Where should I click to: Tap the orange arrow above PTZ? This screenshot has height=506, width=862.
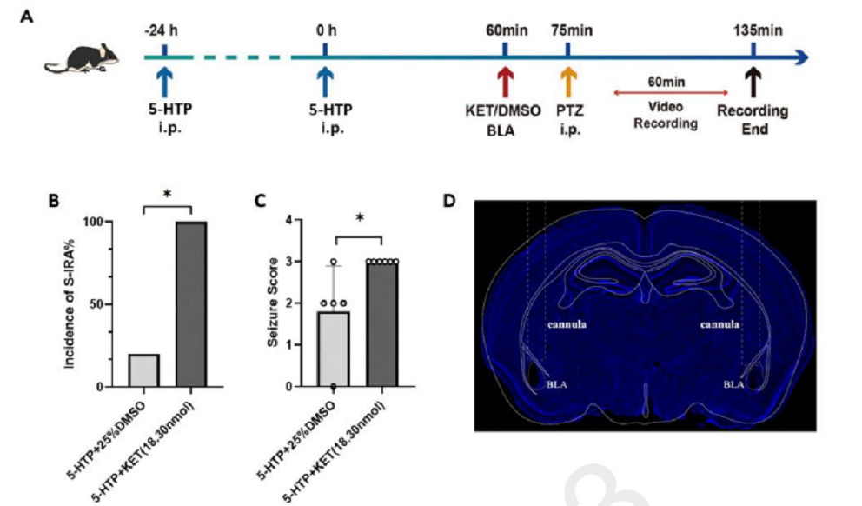click(x=569, y=83)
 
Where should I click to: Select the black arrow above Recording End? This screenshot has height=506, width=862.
click(x=753, y=83)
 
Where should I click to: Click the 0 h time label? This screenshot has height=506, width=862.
click(x=325, y=31)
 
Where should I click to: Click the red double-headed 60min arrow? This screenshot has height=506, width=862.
click(x=672, y=91)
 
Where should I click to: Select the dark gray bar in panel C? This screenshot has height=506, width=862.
click(x=382, y=323)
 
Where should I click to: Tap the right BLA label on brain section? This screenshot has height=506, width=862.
click(x=735, y=383)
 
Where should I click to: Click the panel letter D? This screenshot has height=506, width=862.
click(x=449, y=200)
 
